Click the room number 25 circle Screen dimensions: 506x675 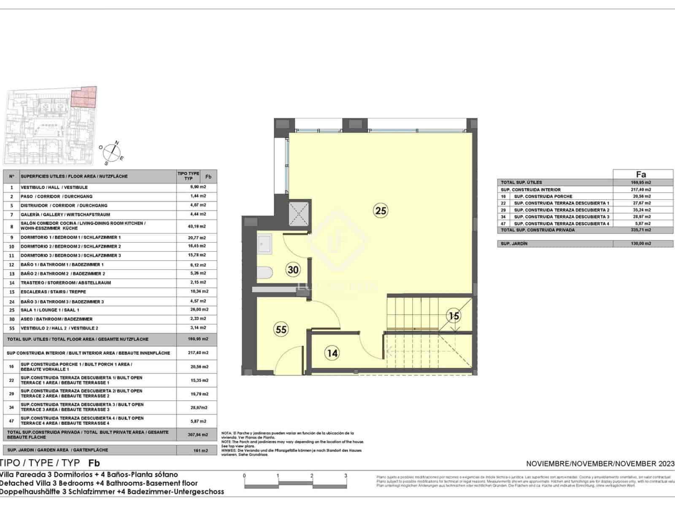tap(381, 210)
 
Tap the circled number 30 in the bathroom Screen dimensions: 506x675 tap(293, 269)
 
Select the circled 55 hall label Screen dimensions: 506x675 tap(281, 329)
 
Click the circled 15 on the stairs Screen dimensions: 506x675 tap(454, 315)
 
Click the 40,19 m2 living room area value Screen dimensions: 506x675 tap(197, 226)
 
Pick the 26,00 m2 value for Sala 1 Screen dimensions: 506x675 tap(197, 310)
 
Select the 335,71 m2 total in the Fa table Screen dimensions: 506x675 tap(643, 230)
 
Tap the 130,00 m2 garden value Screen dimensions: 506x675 tap(643, 244)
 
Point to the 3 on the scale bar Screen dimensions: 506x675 tap(346, 476)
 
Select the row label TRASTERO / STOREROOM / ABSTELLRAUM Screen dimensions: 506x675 tap(66, 283)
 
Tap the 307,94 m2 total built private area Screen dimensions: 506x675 tap(197, 434)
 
